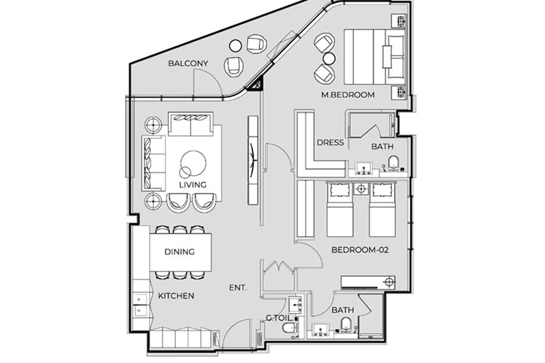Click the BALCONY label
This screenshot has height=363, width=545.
click(188, 63)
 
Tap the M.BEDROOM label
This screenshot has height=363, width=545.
click(348, 95)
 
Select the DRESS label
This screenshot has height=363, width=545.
click(330, 143)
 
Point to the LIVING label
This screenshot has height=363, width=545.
click(193, 184)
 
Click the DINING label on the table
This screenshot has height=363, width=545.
click(179, 252)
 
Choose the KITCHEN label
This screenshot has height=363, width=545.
click(176, 296)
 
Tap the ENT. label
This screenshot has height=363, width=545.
click(238, 288)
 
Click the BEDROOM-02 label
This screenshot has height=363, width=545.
click(360, 250)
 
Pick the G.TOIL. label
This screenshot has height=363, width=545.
click(279, 318)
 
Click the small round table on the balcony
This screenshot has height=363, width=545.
click(236, 46)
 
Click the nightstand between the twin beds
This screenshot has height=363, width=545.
click(361, 189)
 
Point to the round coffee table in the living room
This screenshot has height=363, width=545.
click(193, 162)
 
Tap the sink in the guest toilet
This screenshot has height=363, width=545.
click(296, 305)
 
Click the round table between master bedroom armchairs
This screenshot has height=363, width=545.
click(329, 58)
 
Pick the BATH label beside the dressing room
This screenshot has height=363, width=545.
click(383, 146)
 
